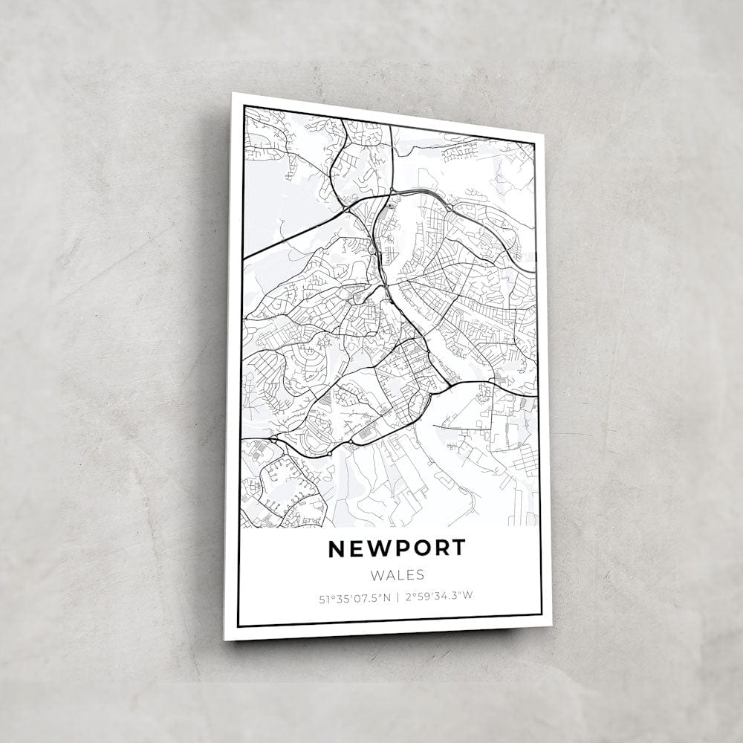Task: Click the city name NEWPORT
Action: point(397,548)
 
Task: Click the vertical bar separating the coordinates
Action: point(397,596)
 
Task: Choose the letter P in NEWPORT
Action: point(402,548)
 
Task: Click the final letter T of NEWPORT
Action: point(458,548)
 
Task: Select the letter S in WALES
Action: point(421,574)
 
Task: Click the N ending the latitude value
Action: point(387,596)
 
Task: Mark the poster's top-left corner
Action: point(233,94)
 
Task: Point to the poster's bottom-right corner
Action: point(551,626)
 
